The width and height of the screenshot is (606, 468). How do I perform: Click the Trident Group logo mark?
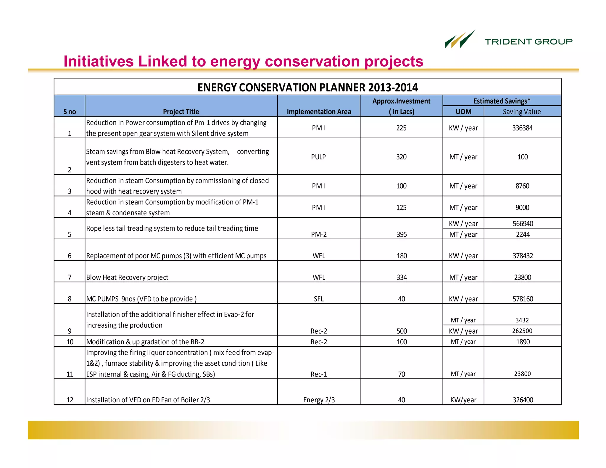pos(460,40)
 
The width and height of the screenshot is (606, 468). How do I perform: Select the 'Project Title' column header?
pos(181,112)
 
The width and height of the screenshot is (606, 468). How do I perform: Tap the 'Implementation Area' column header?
pos(319,112)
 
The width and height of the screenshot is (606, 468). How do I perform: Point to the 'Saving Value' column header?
pos(522,112)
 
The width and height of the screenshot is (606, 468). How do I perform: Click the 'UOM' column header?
pos(463,112)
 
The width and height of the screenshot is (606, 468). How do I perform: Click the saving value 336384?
pos(522,128)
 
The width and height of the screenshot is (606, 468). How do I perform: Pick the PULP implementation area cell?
pos(318,157)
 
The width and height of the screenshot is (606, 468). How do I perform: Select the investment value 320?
pos(401,157)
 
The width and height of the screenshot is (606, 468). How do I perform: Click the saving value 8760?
pos(522,186)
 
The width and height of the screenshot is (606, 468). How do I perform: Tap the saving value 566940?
pos(523,223)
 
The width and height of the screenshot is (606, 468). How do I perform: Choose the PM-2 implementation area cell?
pos(319,234)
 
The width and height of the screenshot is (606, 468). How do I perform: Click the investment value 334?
pos(402,277)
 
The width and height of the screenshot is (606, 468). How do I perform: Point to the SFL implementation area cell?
pos(319,299)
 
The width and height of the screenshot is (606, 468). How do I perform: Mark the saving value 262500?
pos(522,331)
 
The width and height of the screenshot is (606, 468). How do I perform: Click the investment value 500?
pos(402,331)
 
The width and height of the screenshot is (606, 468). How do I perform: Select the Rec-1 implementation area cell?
pos(319,374)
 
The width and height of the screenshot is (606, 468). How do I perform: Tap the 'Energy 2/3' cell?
pos(319,400)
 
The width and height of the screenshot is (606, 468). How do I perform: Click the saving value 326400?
pos(523,400)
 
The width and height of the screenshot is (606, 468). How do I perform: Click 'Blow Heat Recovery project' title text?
pos(127,277)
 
